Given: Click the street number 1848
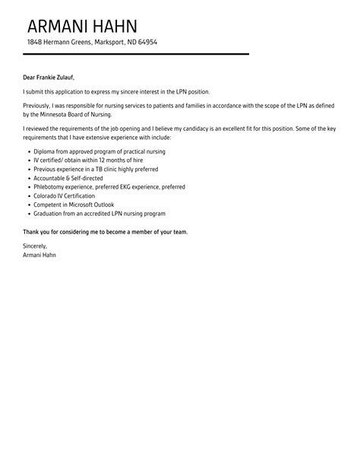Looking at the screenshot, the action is tap(35, 43).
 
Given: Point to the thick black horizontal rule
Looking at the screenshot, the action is tap(136, 55).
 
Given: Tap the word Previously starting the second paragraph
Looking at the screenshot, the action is tap(39, 107).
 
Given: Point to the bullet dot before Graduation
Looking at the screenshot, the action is tap(27, 214).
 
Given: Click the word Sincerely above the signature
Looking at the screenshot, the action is tap(36, 246).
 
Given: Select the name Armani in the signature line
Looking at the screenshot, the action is tap(34, 255).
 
